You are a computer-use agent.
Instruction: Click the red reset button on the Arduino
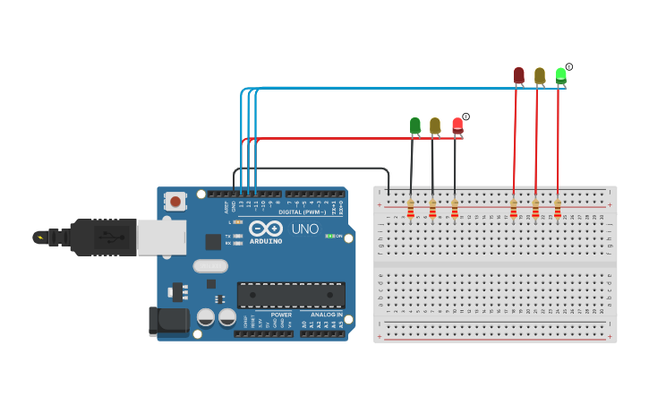[176, 201]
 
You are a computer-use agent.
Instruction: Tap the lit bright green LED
[560, 74]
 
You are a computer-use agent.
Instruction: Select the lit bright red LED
[457, 125]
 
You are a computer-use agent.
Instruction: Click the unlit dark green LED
[414, 125]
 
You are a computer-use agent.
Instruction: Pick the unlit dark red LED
[518, 75]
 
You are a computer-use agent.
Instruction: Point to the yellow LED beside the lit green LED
[539, 75]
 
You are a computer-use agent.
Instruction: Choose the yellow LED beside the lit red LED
[435, 125]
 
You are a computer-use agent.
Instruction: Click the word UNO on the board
[304, 229]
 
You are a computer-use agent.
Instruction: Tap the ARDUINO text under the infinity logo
[266, 241]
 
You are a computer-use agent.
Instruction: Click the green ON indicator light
[330, 236]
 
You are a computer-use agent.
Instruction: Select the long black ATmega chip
[291, 295]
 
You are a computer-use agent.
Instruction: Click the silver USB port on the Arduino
[161, 237]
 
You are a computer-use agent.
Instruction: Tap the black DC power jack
[167, 321]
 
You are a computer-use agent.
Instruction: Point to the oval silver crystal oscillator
[210, 265]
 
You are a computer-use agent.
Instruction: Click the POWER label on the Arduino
[281, 315]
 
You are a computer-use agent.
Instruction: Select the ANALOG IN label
[326, 315]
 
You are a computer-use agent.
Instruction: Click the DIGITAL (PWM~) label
[302, 212]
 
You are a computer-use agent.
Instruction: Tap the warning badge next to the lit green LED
[569, 67]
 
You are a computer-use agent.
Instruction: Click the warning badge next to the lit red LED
[465, 117]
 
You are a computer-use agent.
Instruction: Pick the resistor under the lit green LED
[557, 209]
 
